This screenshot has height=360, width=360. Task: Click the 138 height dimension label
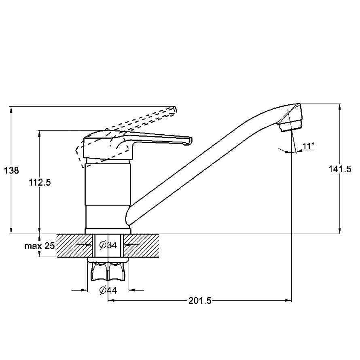click(x=11, y=171)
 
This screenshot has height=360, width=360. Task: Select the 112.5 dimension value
click(x=40, y=183)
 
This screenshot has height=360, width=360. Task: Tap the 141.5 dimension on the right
click(x=340, y=169)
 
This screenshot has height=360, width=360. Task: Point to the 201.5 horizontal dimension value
click(x=200, y=301)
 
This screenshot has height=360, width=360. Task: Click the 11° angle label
click(x=308, y=146)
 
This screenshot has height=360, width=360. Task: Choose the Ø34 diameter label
click(x=108, y=245)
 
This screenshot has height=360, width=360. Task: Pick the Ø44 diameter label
click(x=108, y=290)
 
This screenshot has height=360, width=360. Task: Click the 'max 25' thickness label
click(x=40, y=246)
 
